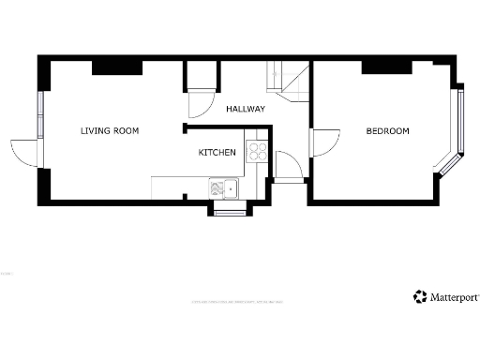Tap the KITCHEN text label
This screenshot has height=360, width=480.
[217, 153]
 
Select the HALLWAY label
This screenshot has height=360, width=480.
[246, 109]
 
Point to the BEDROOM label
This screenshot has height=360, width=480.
[387, 131]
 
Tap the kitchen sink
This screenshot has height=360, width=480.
[226, 189]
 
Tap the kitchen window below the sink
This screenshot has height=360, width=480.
[231, 213]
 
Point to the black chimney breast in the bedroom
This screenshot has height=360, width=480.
[386, 65]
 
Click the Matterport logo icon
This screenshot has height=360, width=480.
[419, 297]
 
